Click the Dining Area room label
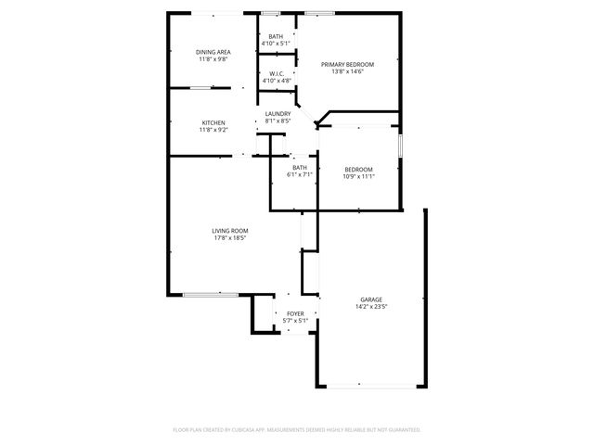coord(213,51)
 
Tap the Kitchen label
coord(213,122)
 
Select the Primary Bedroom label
coord(347,64)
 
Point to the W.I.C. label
coord(277,73)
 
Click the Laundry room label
coord(278,113)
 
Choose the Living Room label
coord(227,231)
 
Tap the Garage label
coord(372,299)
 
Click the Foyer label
coord(295,314)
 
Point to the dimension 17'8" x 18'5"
coord(227,238)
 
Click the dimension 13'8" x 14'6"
coord(347,71)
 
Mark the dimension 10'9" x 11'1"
coord(359,175)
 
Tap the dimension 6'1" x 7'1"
coord(299,174)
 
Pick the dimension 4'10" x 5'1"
coord(277,43)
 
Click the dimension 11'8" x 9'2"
coord(213,130)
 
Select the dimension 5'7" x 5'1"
coord(295,322)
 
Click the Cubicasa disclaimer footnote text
coord(297,429)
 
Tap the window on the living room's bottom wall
coord(210,295)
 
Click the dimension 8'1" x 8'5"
coord(278,121)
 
